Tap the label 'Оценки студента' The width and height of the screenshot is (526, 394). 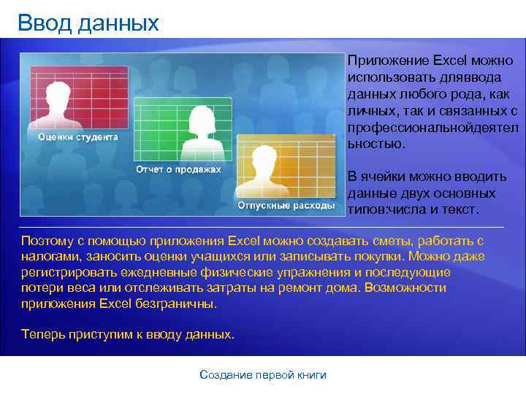[77, 137]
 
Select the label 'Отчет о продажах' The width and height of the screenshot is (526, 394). [178, 170]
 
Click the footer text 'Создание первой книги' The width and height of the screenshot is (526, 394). [263, 375]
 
